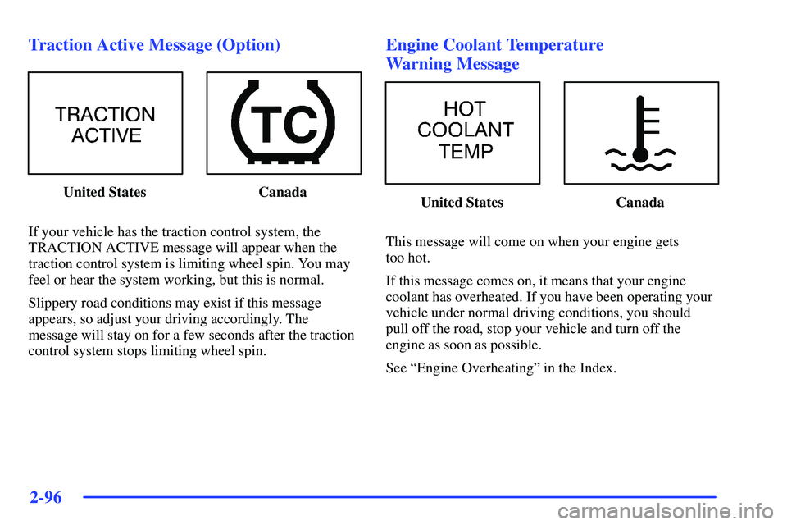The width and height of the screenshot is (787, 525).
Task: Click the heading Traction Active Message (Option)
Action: click(x=154, y=45)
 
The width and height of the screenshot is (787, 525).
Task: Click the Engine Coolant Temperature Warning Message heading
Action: click(x=494, y=54)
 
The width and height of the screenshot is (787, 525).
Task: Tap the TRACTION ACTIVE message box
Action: click(x=105, y=123)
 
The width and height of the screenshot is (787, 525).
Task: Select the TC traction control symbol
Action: click(x=284, y=123)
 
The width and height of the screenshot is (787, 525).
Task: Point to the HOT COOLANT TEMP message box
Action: click(x=462, y=132)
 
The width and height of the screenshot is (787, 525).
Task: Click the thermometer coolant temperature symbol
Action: click(x=641, y=132)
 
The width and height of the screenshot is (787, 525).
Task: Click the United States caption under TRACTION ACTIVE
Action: click(x=105, y=193)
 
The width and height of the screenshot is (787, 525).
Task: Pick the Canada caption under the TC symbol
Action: click(x=283, y=193)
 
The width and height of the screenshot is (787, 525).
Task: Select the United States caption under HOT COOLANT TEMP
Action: click(x=462, y=203)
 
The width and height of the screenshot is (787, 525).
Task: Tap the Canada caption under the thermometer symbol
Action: click(x=640, y=203)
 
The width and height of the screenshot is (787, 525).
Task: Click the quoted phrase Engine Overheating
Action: click(x=474, y=367)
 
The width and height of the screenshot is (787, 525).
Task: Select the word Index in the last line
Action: click(x=596, y=367)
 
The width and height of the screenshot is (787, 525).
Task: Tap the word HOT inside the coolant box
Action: click(x=465, y=109)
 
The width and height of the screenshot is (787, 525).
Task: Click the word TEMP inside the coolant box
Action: click(x=466, y=152)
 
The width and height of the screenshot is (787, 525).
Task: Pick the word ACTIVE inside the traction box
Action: click(x=107, y=136)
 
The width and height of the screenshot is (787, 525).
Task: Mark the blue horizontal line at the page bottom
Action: click(x=398, y=497)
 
